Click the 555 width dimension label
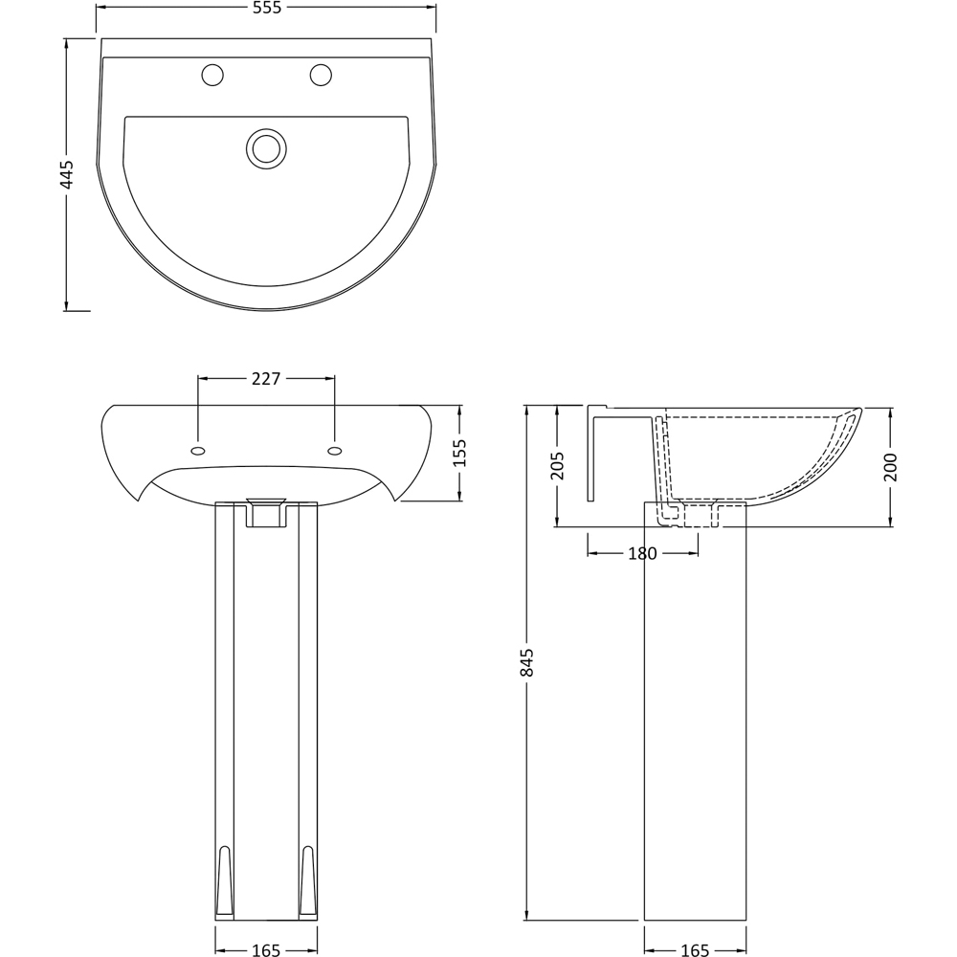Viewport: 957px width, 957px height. tap(267, 8)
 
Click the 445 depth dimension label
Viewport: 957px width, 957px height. tap(67, 174)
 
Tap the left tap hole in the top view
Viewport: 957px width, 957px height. tap(212, 75)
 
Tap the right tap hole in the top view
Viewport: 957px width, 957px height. tap(321, 75)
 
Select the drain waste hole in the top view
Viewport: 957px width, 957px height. tap(267, 148)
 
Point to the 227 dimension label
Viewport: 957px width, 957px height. tap(266, 379)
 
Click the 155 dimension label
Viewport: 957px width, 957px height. tap(459, 453)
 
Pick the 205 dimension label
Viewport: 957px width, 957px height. tap(557, 466)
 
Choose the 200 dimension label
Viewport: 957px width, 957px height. tap(890, 467)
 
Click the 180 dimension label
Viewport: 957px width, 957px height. tap(642, 553)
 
